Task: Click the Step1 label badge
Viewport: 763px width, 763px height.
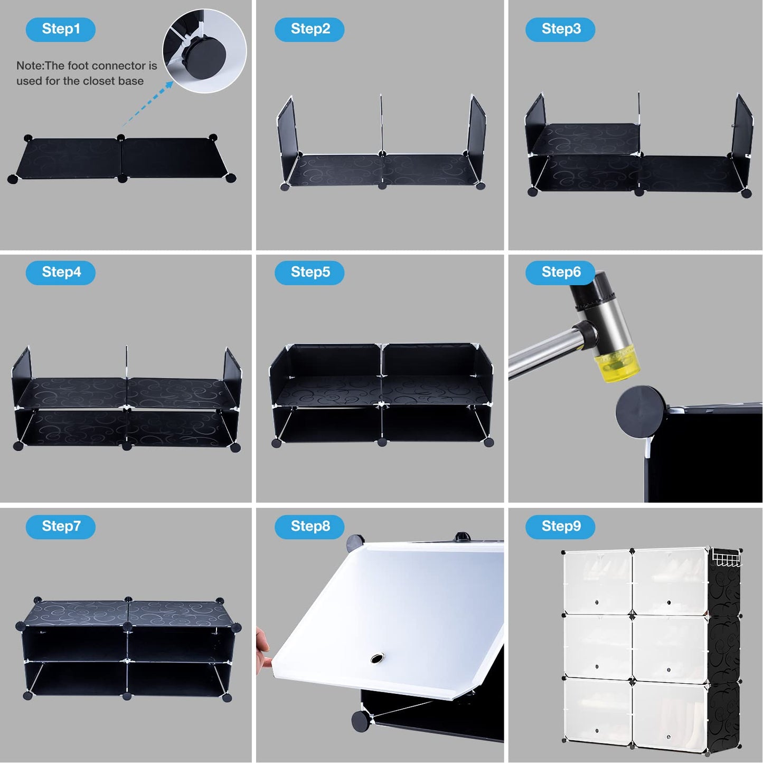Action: pyautogui.click(x=61, y=29)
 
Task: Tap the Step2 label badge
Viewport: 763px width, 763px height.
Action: pyautogui.click(x=309, y=29)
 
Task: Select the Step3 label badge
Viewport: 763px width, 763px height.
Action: pyautogui.click(x=560, y=29)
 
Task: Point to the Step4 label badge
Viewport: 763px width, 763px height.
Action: pyautogui.click(x=61, y=272)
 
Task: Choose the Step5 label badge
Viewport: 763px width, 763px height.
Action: pyautogui.click(x=309, y=272)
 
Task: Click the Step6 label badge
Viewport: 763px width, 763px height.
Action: pyautogui.click(x=560, y=272)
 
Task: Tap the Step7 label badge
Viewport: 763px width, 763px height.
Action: pyautogui.click(x=61, y=526)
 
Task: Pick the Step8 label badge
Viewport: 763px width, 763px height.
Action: pyautogui.click(x=309, y=526)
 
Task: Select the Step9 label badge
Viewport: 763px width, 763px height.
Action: pyautogui.click(x=560, y=526)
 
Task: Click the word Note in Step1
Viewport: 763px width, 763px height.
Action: pyautogui.click(x=29, y=65)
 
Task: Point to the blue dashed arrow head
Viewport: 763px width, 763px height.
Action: pyautogui.click(x=169, y=84)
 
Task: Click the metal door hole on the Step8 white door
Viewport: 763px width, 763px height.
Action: pyautogui.click(x=378, y=658)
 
